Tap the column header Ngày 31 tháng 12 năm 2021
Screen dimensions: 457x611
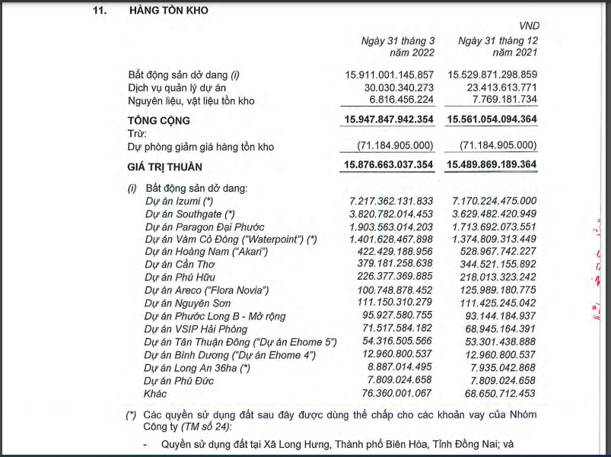499,46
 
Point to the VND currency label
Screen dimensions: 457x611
527,26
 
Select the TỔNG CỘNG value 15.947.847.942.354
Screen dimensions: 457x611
389,120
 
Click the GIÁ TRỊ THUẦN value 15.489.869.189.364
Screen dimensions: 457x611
492,166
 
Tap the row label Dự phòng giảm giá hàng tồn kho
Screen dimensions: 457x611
201,147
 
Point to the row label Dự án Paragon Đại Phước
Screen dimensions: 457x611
205,227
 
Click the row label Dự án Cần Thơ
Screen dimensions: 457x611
179,265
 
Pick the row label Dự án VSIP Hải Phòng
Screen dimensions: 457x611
196,328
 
